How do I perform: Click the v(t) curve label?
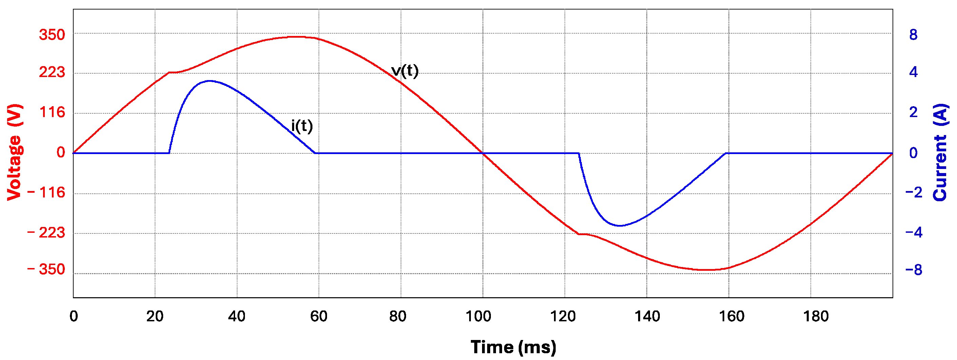click(405, 71)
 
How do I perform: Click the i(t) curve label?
click(302, 126)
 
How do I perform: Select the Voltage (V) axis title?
click(15, 152)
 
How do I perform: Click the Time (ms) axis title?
click(513, 347)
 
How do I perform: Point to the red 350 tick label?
click(52, 35)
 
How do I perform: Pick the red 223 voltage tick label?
click(52, 72)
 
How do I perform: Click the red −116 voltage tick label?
click(46, 192)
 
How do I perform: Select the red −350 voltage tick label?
click(46, 269)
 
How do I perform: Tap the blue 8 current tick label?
click(913, 35)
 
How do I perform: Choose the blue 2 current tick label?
click(913, 112)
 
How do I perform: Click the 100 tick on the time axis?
click(478, 317)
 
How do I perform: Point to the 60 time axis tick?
click(319, 317)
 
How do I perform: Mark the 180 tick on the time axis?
click(816, 317)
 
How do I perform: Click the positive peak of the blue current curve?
click(209, 81)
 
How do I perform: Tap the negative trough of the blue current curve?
click(620, 226)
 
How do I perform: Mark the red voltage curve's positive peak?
click(297, 36)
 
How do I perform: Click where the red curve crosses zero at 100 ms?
click(483, 153)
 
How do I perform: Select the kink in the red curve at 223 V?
click(169, 73)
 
